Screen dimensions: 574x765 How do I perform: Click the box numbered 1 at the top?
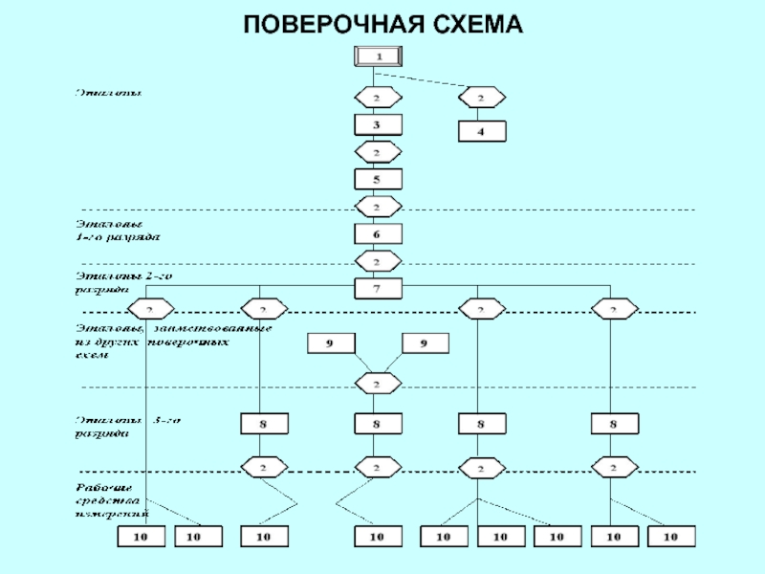coord(379,56)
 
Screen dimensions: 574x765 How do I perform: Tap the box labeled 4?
coord(482,131)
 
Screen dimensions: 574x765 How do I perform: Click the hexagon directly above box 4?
coord(482,98)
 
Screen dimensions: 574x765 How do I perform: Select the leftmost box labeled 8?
coord(261,423)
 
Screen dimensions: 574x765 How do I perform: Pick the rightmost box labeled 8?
coord(615,423)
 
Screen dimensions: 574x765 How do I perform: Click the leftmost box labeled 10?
coord(141,538)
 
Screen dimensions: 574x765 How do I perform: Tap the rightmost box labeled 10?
coord(670,538)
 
